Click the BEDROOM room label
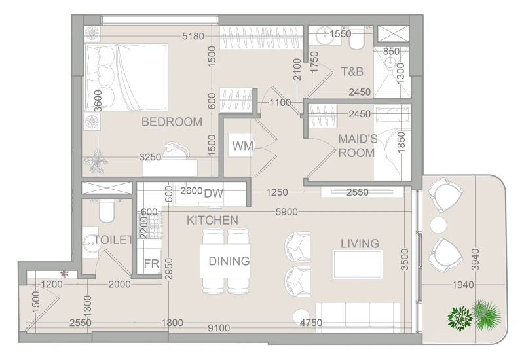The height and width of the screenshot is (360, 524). click(x=172, y=122)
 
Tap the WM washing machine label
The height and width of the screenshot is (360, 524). click(x=242, y=146)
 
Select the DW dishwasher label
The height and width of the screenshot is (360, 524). click(x=214, y=193)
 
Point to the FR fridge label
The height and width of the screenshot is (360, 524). click(x=152, y=264)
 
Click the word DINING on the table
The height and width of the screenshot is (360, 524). click(x=229, y=261)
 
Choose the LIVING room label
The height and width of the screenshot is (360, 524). click(x=360, y=243)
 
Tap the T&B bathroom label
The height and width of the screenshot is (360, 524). click(x=352, y=71)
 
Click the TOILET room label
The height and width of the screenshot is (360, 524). click(x=113, y=240)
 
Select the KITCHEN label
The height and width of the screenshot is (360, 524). click(x=212, y=220)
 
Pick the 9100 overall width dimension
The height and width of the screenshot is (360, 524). click(x=219, y=328)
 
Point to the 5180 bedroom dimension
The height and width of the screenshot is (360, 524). click(x=193, y=36)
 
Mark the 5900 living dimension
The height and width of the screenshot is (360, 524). click(x=287, y=212)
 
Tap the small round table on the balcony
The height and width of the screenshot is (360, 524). click(x=438, y=225)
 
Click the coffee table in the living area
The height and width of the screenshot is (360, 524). click(x=357, y=264)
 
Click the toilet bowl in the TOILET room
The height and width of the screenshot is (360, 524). click(x=107, y=211)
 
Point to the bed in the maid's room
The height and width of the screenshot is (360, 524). click(x=392, y=143)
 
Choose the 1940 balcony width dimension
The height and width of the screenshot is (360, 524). click(x=463, y=285)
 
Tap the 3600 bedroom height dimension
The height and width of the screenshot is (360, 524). click(x=98, y=101)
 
